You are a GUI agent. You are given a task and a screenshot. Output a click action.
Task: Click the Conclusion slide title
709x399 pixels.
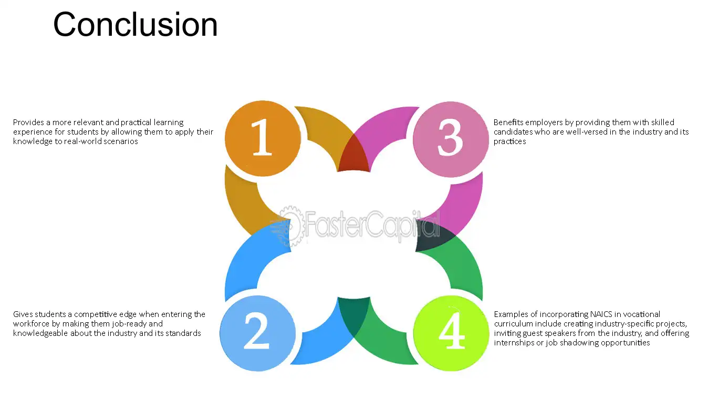135,24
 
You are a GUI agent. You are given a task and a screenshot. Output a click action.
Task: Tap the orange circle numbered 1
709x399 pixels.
263,138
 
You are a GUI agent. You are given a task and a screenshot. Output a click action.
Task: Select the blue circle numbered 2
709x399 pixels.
258,333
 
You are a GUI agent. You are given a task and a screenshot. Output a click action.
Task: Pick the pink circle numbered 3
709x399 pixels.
451,139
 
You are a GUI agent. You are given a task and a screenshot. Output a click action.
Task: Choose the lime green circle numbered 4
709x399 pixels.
451,333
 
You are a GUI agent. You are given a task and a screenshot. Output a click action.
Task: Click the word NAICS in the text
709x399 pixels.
601,314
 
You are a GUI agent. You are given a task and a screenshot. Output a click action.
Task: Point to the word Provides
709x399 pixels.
28,122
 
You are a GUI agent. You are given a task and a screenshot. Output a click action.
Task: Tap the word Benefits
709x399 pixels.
508,122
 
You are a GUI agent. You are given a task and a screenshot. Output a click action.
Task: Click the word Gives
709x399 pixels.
23,314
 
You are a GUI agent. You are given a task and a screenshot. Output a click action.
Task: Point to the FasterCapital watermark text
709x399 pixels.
372,226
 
